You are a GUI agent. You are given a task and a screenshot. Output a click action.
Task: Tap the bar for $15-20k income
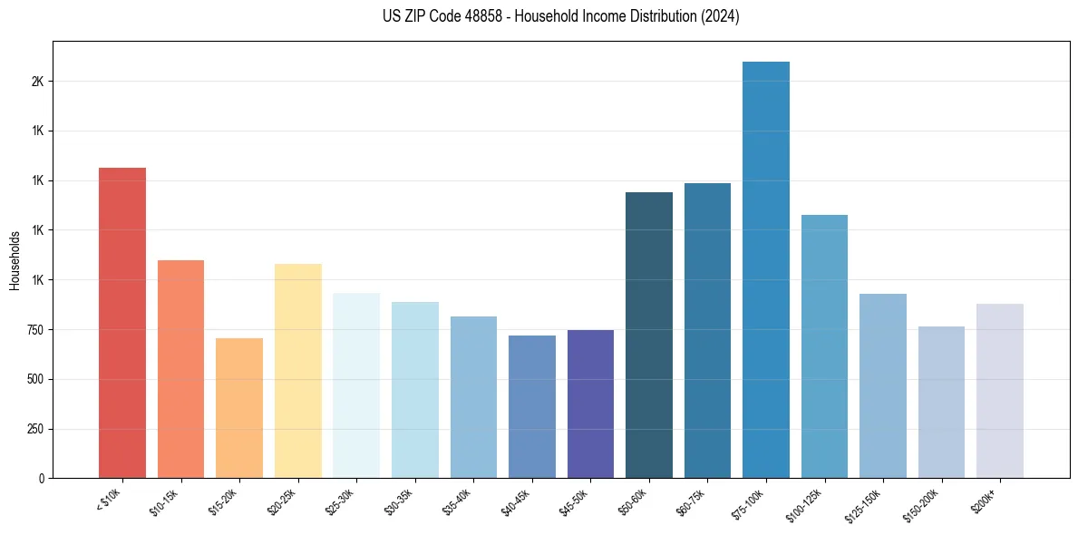(x=239, y=408)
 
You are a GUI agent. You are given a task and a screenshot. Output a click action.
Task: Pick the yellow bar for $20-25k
(x=297, y=371)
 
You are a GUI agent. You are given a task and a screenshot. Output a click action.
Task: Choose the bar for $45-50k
(x=590, y=404)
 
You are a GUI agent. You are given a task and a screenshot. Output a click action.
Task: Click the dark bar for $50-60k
(x=649, y=335)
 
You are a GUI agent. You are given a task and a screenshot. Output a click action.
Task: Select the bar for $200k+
(x=999, y=391)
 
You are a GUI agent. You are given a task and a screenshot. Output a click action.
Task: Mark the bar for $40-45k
(x=531, y=406)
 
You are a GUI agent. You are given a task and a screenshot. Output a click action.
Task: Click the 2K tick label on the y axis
(x=37, y=82)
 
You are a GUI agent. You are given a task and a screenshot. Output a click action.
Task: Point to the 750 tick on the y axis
(x=34, y=330)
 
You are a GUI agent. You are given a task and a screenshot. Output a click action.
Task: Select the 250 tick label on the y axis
(x=34, y=429)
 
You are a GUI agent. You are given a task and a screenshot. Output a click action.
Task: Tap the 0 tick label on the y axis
(x=41, y=479)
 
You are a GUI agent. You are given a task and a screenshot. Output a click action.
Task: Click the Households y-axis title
(x=15, y=260)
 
